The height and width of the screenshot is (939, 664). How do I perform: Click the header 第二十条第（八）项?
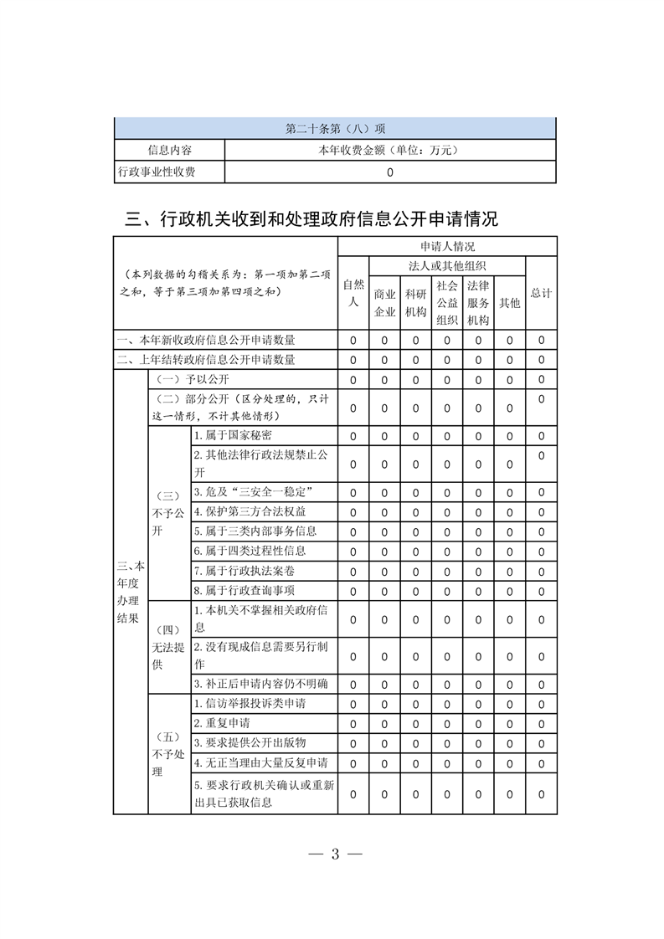(335, 129)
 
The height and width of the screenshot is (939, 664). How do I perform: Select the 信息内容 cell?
(169, 151)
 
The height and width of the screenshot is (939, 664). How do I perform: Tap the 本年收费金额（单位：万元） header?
(390, 151)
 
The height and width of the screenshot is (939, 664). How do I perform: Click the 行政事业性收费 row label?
(169, 172)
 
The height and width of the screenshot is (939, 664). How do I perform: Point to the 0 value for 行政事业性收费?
(390, 173)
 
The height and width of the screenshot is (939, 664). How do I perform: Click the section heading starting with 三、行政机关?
(311, 219)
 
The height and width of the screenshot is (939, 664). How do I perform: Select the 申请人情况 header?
(447, 247)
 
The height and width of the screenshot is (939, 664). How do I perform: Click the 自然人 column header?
(353, 293)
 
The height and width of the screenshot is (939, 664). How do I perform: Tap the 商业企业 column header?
(384, 303)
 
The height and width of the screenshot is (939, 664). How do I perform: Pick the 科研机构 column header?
(415, 303)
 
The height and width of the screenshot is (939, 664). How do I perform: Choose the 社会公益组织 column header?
(447, 302)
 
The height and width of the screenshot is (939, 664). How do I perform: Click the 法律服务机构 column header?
(478, 302)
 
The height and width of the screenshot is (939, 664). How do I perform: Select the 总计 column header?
(541, 294)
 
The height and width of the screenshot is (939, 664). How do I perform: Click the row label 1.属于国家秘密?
(233, 436)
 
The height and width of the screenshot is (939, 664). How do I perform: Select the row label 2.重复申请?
(222, 722)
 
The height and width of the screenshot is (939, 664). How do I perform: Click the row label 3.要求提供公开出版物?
(250, 742)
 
